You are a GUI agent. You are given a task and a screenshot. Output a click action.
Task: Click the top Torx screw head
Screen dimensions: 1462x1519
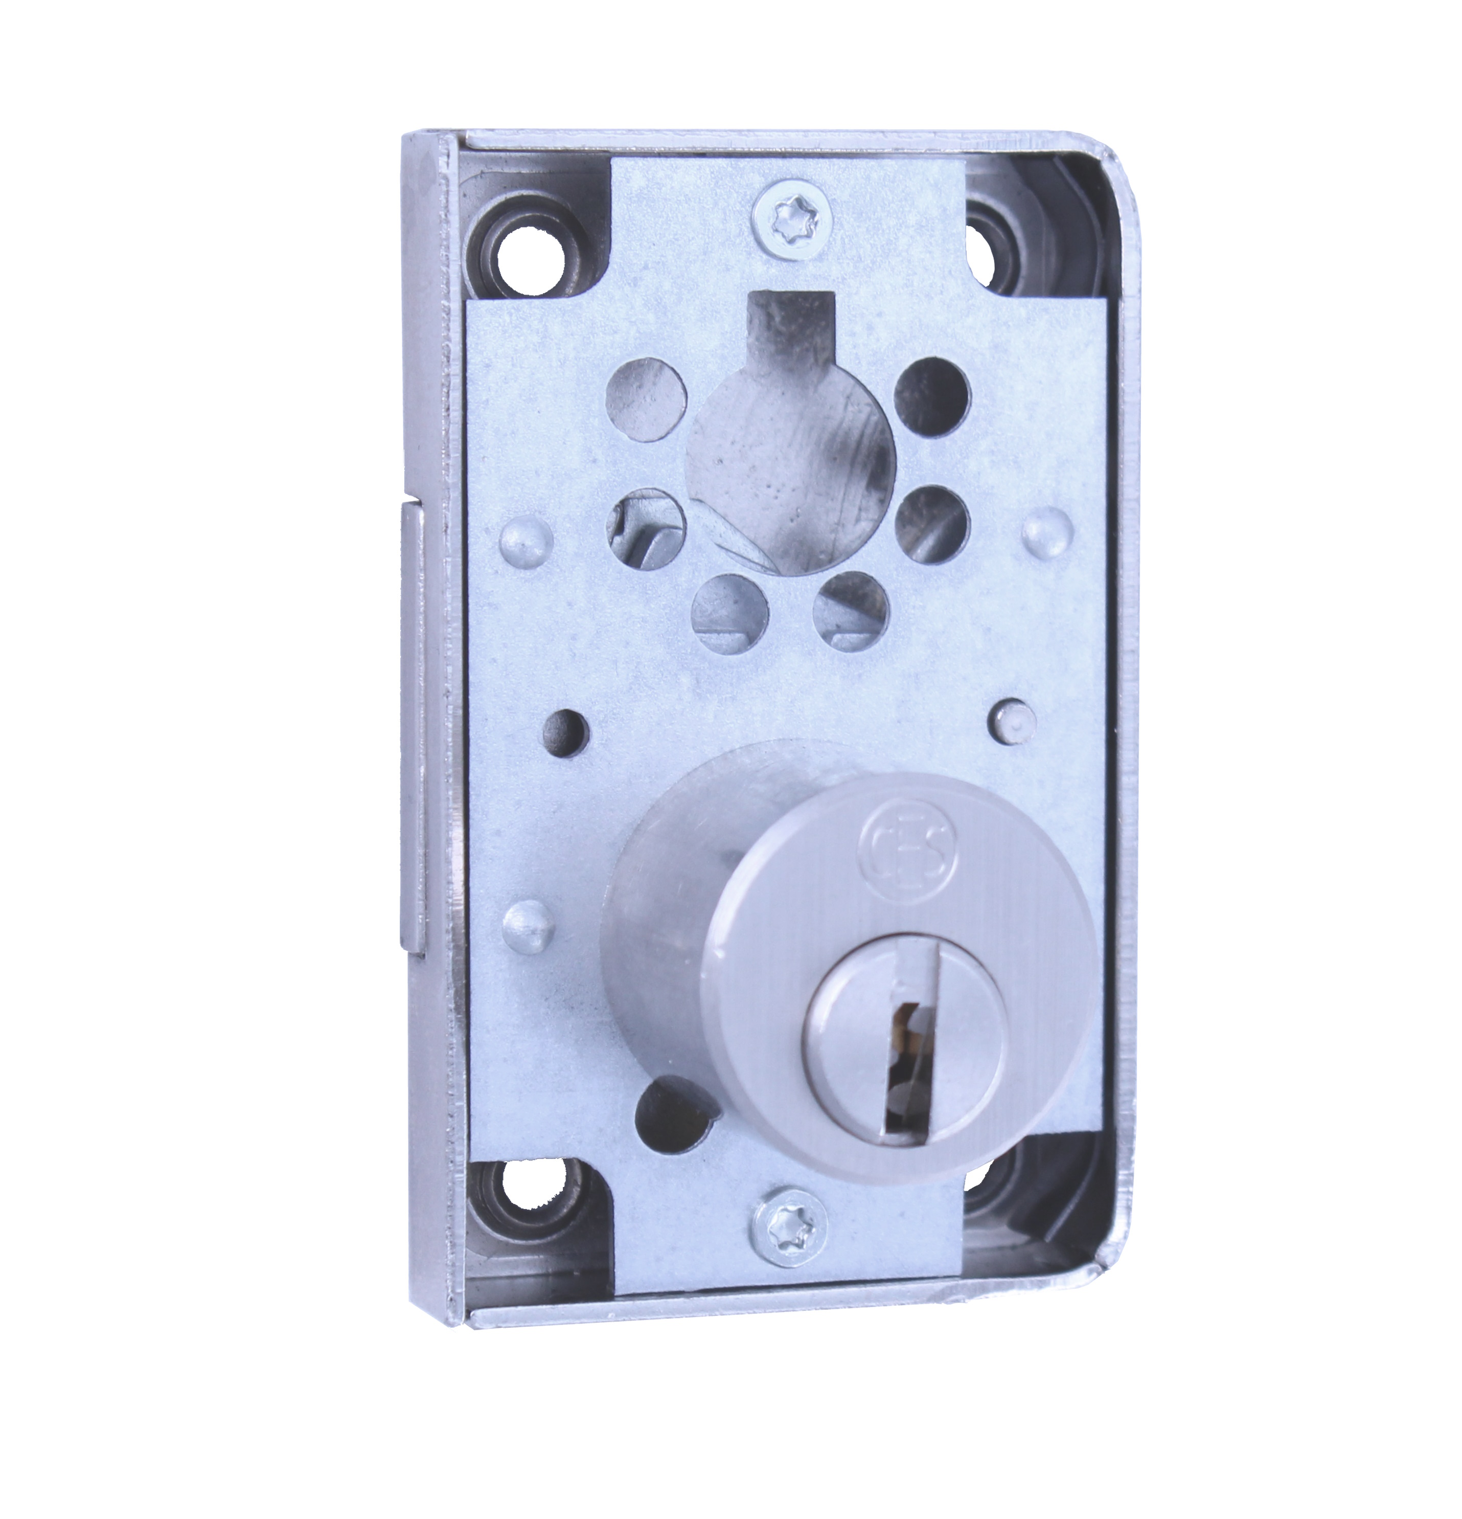coord(788,211)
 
